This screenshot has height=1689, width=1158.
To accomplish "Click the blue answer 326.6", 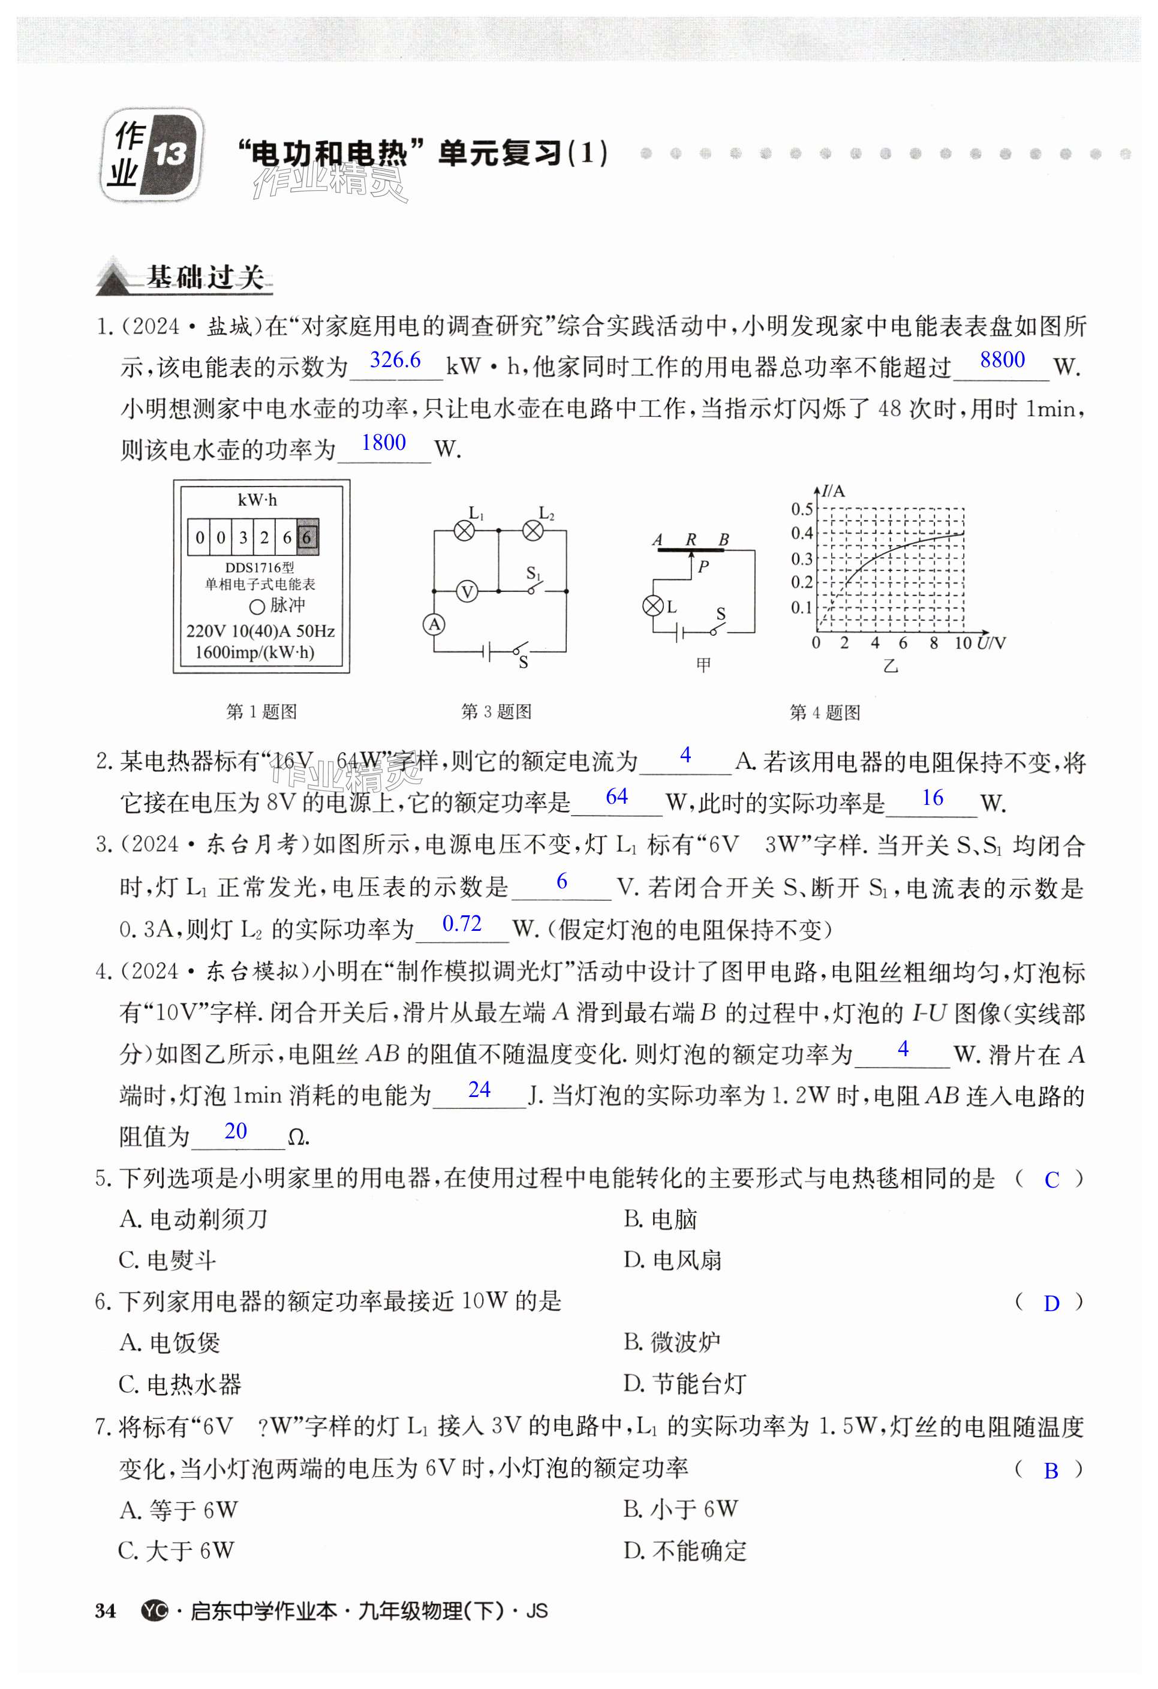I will (x=395, y=360).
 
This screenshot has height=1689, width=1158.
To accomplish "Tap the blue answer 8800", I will (x=1002, y=360).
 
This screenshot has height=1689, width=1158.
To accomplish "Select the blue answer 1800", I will (x=384, y=443).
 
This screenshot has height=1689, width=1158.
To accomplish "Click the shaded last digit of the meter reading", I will (x=306, y=538).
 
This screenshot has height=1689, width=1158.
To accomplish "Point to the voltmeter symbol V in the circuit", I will (x=467, y=591).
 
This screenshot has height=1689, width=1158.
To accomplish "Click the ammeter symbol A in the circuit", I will (x=434, y=624).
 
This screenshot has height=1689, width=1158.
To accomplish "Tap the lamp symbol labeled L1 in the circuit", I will (x=464, y=531).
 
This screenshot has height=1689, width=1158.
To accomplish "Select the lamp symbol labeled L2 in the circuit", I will (x=533, y=531).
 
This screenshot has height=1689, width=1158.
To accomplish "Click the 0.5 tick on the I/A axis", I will (x=802, y=509).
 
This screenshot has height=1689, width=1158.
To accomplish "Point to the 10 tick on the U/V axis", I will (x=963, y=643).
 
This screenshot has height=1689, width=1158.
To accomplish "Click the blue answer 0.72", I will (x=462, y=924).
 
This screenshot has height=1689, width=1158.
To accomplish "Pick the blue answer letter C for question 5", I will (x=1051, y=1180).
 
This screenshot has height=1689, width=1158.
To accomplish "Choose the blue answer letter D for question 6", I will (x=1051, y=1304).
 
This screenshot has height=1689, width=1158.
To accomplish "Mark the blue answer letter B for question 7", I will (x=1051, y=1471).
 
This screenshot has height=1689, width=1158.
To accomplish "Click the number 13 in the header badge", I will (x=169, y=154).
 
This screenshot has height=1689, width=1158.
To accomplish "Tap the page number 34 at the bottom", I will (x=106, y=1611).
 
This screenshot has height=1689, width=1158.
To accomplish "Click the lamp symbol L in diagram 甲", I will (x=654, y=605).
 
